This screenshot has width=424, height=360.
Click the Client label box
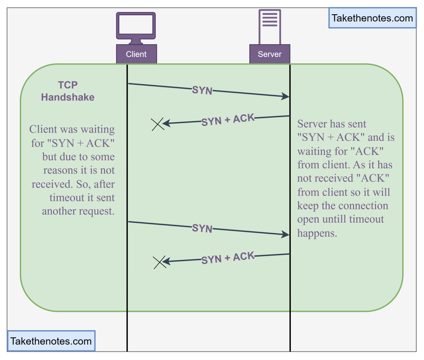click(x=136, y=54)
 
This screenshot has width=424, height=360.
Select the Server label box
click(x=270, y=54)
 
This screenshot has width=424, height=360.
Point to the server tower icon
click(x=270, y=26)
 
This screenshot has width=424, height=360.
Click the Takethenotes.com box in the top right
click(x=372, y=18)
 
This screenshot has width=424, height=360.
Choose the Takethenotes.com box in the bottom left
click(x=51, y=341)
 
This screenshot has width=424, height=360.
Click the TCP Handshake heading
click(x=68, y=91)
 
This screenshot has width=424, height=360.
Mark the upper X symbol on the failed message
click(x=158, y=124)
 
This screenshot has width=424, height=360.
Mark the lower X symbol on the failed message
click(x=160, y=262)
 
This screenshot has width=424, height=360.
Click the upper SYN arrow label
click(x=202, y=90)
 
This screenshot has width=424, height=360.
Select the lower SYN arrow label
click(x=202, y=228)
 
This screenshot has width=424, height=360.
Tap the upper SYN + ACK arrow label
click(x=228, y=120)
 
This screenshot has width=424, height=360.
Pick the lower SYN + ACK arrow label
click(x=228, y=258)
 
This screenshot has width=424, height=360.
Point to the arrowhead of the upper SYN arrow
click(x=286, y=96)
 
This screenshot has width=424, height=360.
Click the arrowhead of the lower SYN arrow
click(x=286, y=234)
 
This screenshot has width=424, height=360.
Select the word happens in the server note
click(x=317, y=233)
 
